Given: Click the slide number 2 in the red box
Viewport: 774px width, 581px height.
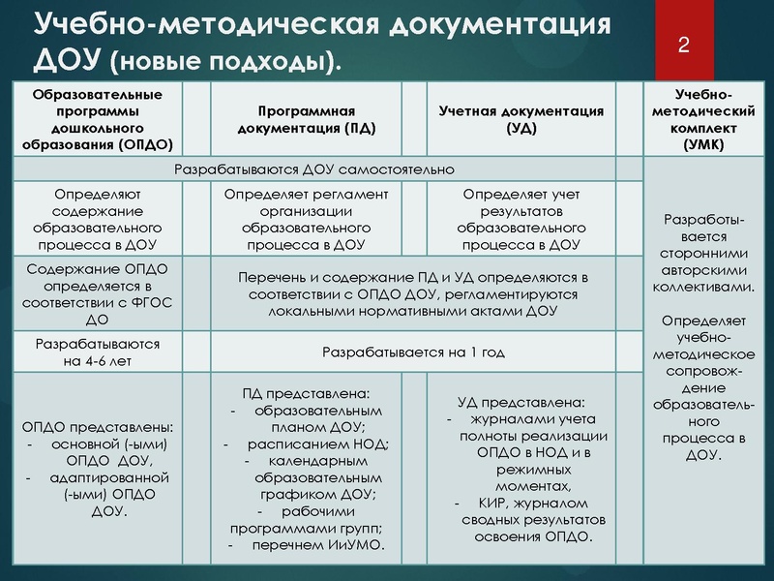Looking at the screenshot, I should (x=684, y=45).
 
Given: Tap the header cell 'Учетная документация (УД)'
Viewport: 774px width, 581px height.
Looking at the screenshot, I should (x=521, y=119).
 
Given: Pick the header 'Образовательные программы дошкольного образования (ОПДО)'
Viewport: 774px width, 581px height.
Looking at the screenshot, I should (x=96, y=119).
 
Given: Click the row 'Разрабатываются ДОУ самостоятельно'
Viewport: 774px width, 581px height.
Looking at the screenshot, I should (x=313, y=169).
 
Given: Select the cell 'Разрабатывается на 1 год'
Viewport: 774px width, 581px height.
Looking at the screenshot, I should (x=413, y=352).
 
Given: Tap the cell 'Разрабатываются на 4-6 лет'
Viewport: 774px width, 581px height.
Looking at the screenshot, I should (x=97, y=352).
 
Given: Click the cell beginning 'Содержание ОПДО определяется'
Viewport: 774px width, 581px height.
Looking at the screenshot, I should (x=97, y=291).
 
